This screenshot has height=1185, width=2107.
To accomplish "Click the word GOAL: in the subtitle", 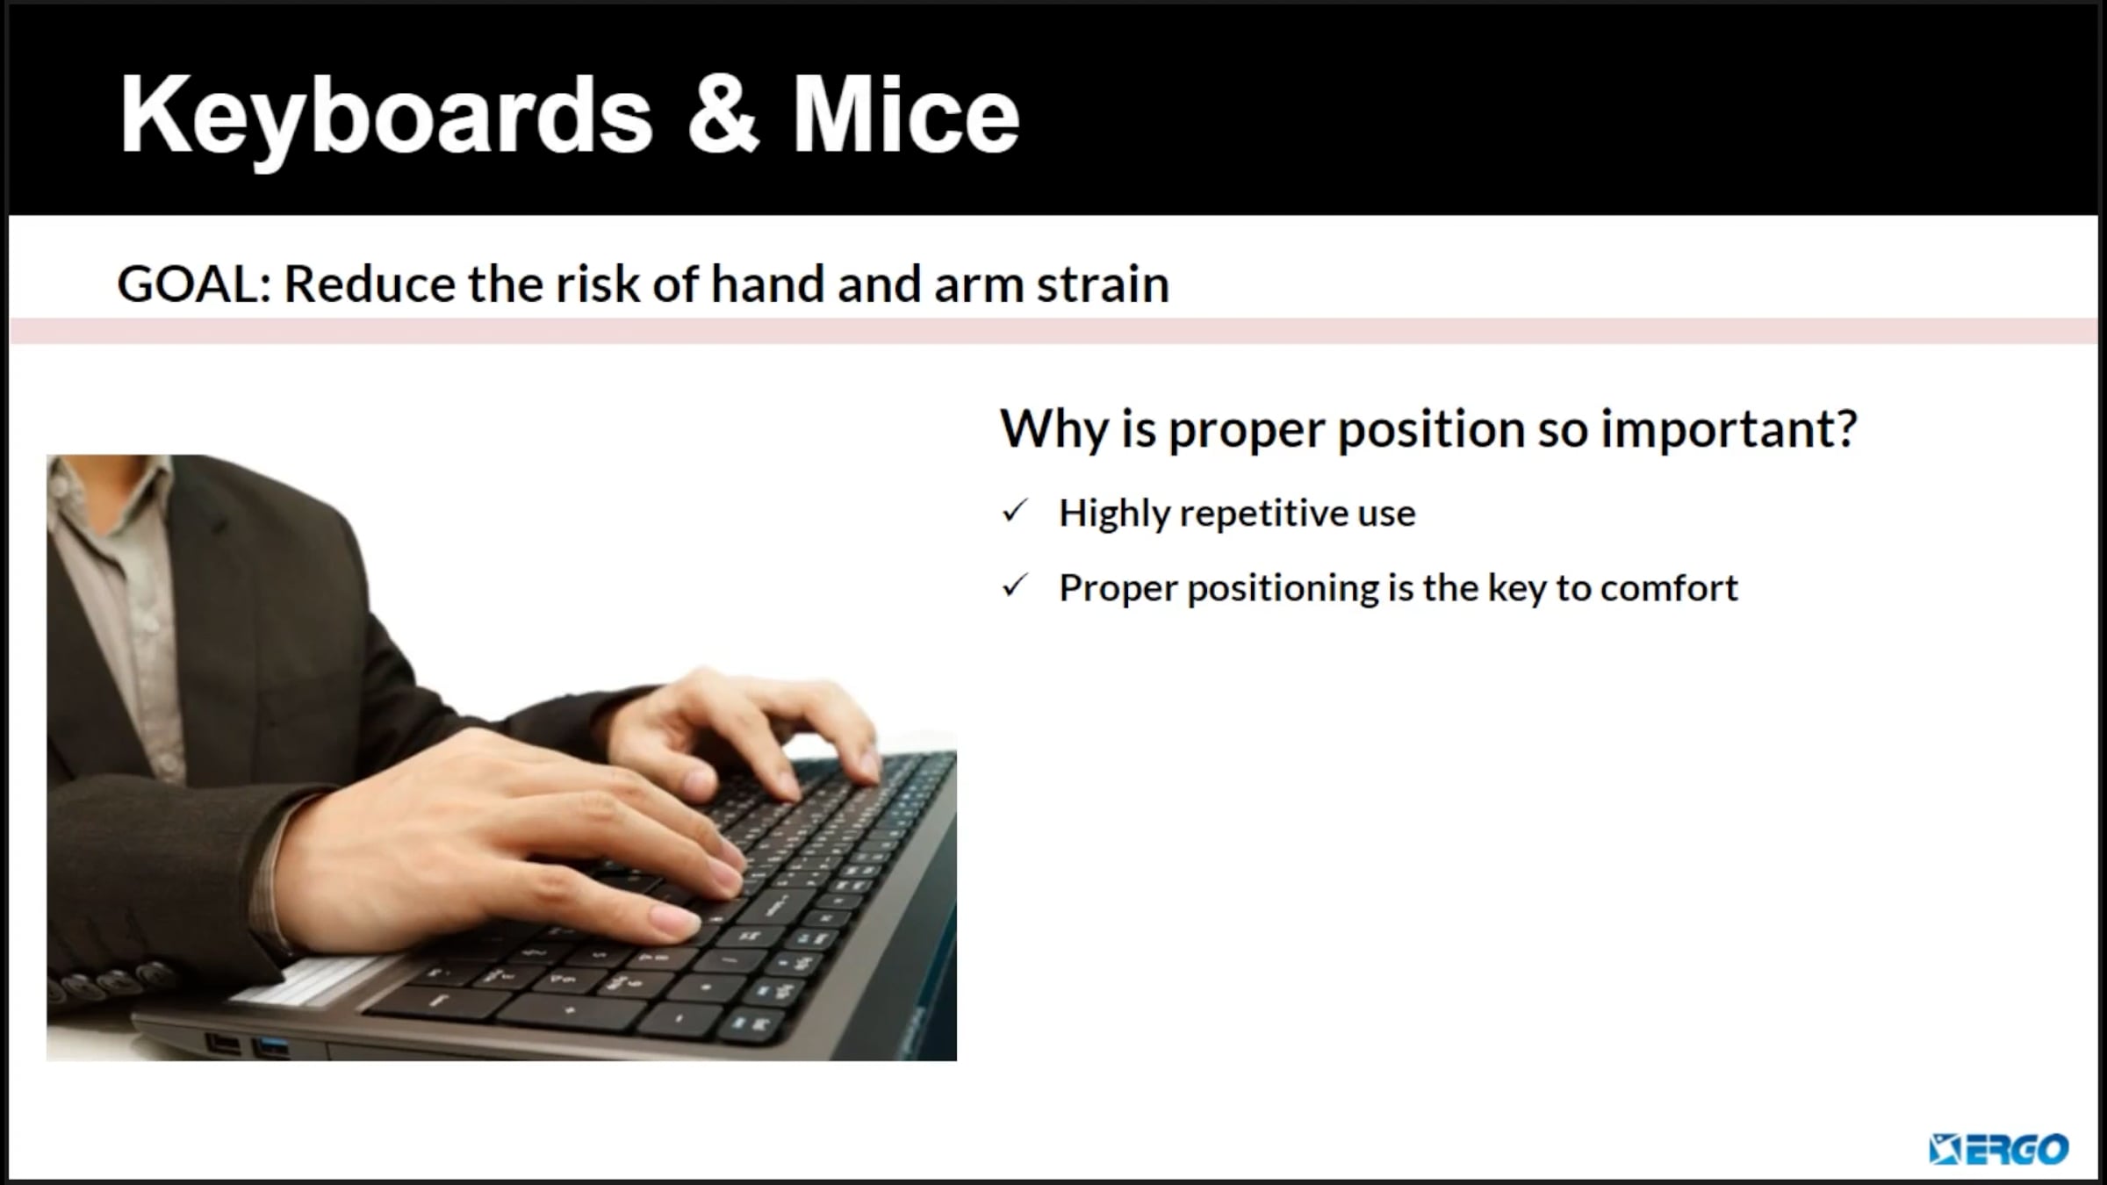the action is [194, 284].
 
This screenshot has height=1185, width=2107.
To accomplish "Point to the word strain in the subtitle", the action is [1103, 284].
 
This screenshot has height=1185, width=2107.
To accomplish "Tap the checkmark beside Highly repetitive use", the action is [1015, 511].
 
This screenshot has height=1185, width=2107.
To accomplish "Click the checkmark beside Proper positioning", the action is [1015, 585].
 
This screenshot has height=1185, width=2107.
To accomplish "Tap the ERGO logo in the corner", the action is [1998, 1148].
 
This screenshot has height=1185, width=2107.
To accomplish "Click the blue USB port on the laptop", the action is [270, 1046].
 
